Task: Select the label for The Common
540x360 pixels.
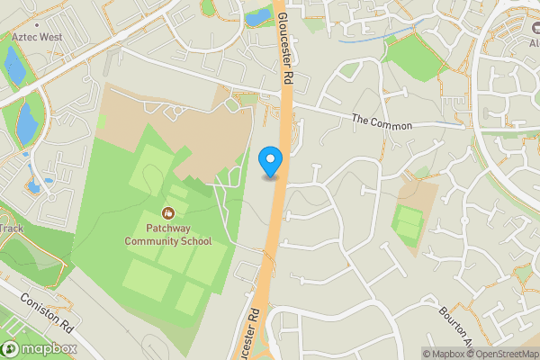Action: coord(381,121)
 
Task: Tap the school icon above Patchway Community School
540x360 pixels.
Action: coord(168,213)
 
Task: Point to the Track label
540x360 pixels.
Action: coord(11,229)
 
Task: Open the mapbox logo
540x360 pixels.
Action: coord(40,348)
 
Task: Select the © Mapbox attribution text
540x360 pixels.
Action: coord(442,354)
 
